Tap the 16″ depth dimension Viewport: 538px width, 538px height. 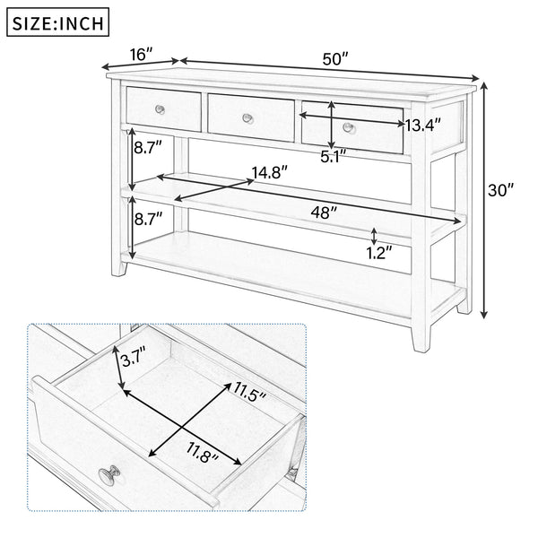point(139,55)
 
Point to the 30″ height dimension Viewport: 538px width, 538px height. point(500,190)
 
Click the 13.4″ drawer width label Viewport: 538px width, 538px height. point(422,126)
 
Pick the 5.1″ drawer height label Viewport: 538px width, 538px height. point(334,155)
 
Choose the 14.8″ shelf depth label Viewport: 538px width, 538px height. point(269,171)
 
